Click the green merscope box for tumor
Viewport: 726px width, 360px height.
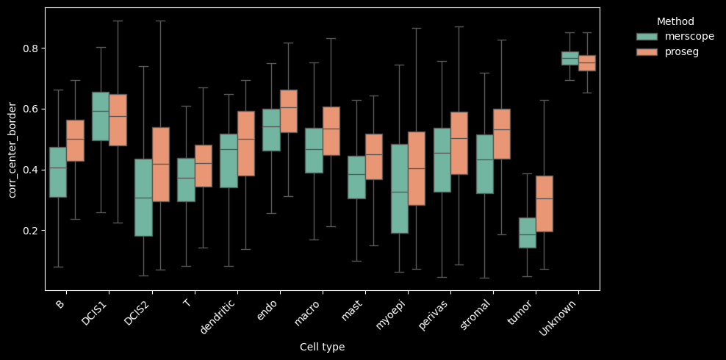coord(527,232)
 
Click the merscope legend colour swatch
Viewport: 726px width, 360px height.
coord(647,37)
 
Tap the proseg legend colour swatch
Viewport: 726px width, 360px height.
coord(647,51)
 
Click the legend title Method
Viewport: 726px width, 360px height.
coord(675,21)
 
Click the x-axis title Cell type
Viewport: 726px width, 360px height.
coord(322,347)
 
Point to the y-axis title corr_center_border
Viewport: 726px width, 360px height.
coord(12,150)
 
